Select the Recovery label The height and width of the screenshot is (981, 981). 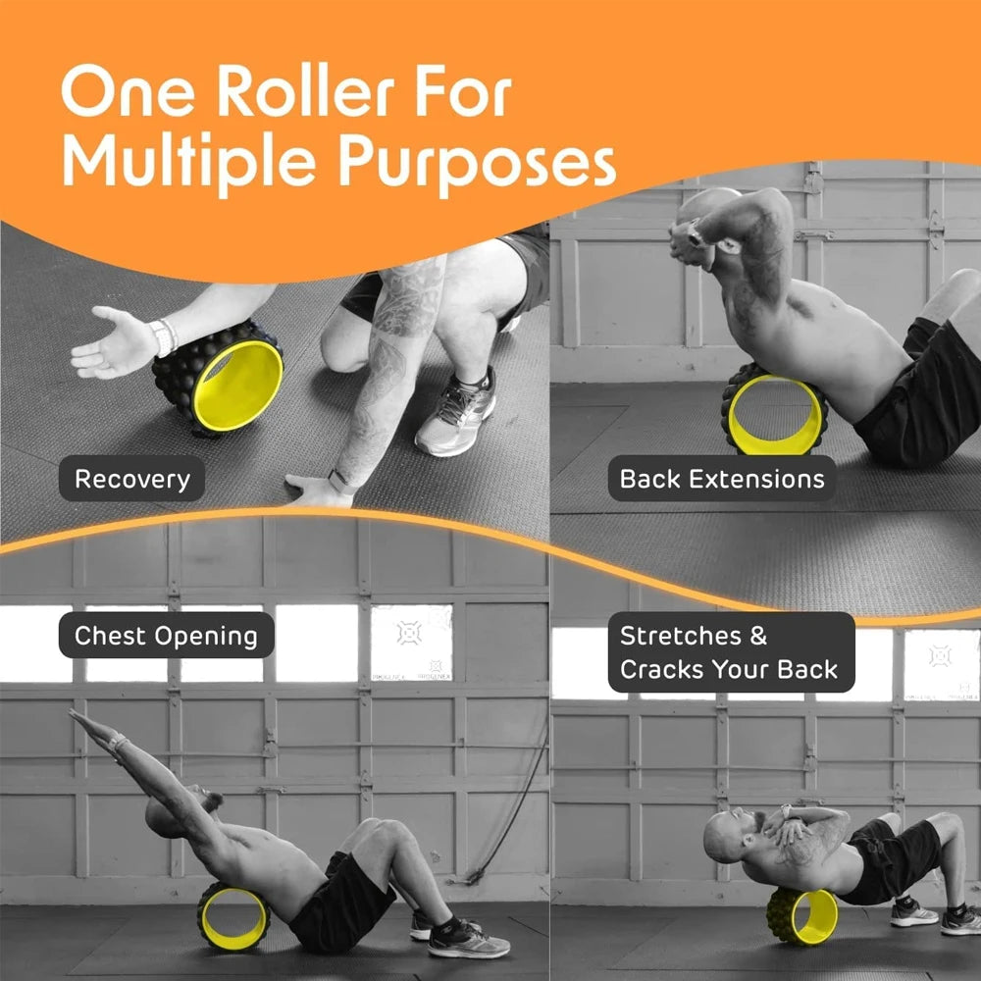[132, 480]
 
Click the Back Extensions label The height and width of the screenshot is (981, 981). [722, 480]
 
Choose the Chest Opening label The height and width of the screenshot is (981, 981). [167, 636]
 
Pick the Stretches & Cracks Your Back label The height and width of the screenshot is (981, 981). [729, 652]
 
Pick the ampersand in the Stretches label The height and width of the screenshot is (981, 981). [757, 636]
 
